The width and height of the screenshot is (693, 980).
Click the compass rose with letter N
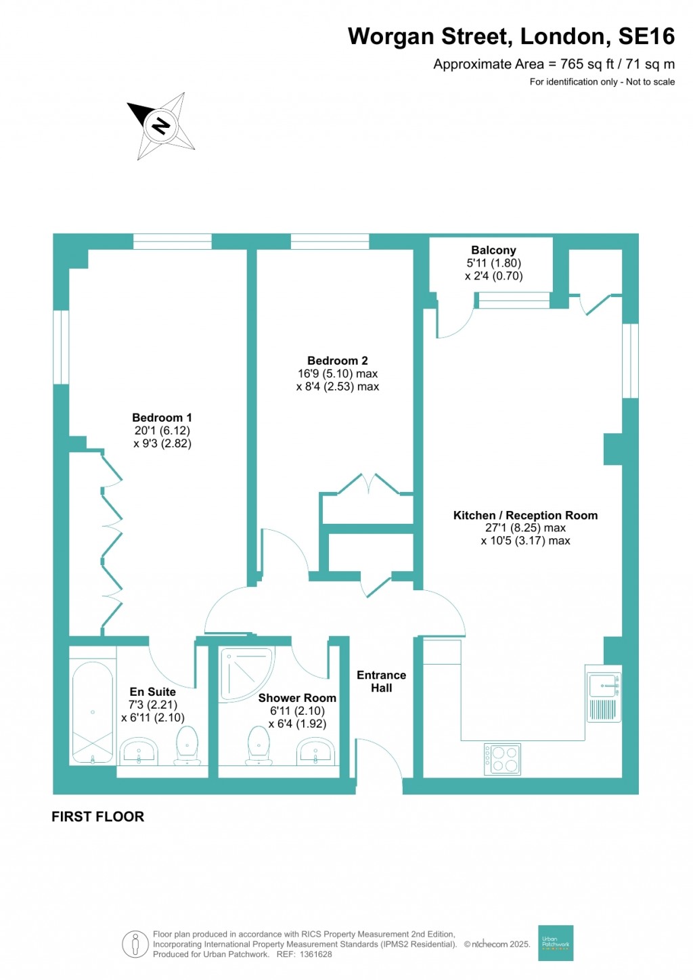pyautogui.click(x=162, y=125)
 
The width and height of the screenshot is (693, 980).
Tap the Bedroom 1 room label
pyautogui.click(x=162, y=418)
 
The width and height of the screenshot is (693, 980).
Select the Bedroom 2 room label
pyautogui.click(x=337, y=361)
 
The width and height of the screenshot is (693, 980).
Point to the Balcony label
pyautogui.click(x=493, y=250)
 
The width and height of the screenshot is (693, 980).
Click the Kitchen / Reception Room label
pyautogui.click(x=525, y=516)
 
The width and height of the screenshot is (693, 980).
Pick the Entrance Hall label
pyautogui.click(x=381, y=681)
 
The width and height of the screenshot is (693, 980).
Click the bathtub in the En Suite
pyautogui.click(x=93, y=712)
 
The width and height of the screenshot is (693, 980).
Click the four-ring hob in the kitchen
pyautogui.click(x=502, y=759)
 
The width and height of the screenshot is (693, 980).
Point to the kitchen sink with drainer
pyautogui.click(x=603, y=694)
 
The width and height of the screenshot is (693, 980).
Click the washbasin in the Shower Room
pyautogui.click(x=315, y=751)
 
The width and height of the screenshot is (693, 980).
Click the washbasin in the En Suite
pyautogui.click(x=139, y=751)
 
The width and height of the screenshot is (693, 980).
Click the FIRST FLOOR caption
pyautogui.click(x=97, y=816)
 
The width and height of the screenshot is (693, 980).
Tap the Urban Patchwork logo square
pyautogui.click(x=556, y=943)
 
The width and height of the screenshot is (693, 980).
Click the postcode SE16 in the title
pyautogui.click(x=646, y=36)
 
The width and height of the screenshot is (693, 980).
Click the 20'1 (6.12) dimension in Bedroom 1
pyautogui.click(x=162, y=430)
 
